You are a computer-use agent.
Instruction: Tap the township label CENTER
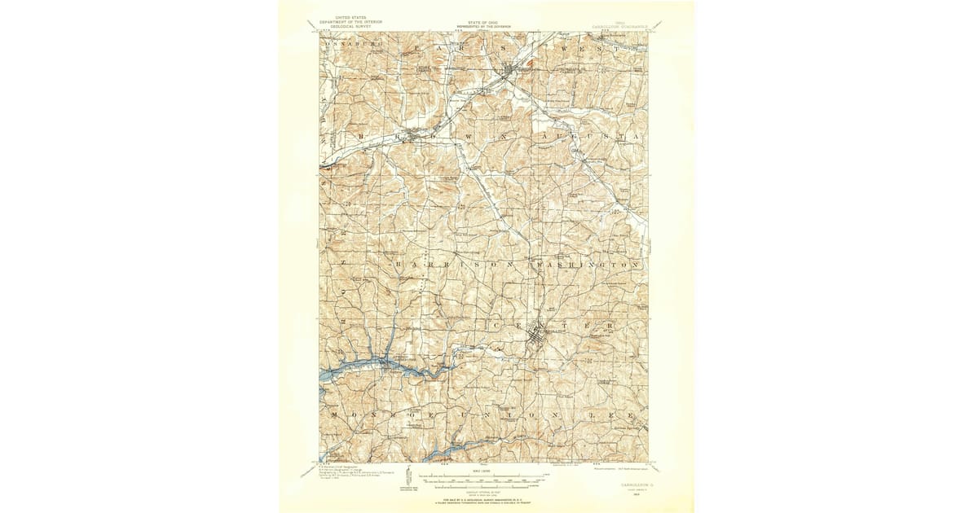pos(553,324)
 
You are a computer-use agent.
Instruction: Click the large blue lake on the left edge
pos(350,370)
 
